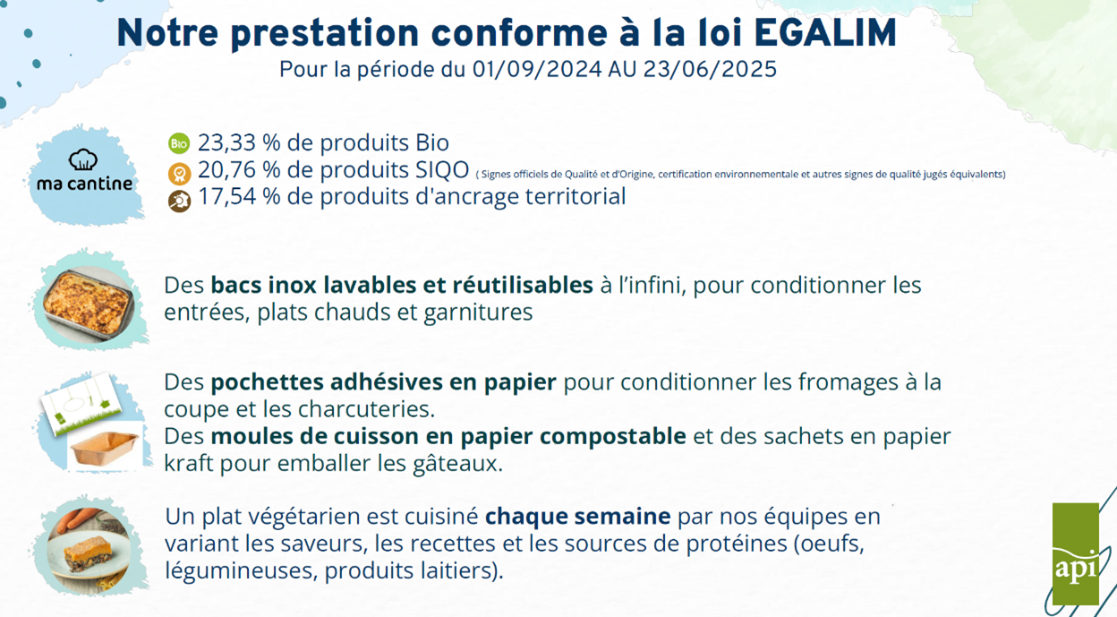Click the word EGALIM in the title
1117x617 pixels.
coord(825,33)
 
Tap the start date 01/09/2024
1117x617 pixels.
coord(537,69)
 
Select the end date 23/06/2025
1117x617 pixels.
coord(710,69)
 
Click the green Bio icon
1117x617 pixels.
coord(179,143)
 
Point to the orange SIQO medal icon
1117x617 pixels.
coord(179,174)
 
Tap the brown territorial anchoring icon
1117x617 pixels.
coord(179,201)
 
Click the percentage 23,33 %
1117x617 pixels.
coord(239,142)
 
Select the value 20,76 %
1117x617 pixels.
coord(239,169)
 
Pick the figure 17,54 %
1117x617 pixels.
coord(239,196)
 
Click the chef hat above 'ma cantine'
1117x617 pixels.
coord(82,159)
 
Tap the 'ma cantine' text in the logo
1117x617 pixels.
coord(85,184)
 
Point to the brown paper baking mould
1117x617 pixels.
coord(105,448)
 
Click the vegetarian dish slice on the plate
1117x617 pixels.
coord(89,550)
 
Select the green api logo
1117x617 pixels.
coord(1076,553)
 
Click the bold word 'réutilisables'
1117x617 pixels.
coord(523,286)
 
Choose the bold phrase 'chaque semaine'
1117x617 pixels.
coord(578,516)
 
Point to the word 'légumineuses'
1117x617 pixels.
coord(241,570)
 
